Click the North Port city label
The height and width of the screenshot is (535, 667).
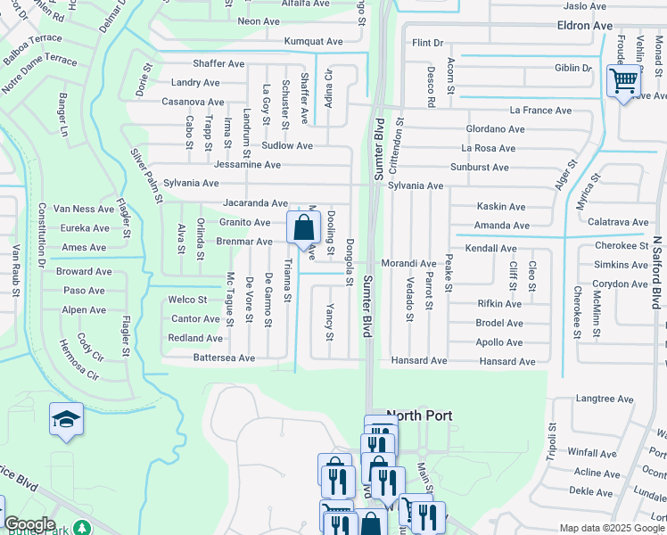tap(418, 416)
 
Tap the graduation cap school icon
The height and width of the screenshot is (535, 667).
tap(65, 420)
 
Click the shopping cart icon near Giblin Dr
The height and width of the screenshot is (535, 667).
tap(624, 81)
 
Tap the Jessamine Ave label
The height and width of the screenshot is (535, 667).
tap(247, 165)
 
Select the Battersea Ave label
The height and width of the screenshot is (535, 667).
tap(224, 358)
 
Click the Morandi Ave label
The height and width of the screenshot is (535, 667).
tap(408, 264)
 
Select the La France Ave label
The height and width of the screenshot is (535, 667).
tap(540, 111)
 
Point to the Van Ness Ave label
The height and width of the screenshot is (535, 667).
tap(84, 208)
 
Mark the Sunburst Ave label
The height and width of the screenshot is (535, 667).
tap(480, 167)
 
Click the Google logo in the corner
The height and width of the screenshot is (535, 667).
tap(29, 524)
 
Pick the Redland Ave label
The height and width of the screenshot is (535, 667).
tap(195, 338)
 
